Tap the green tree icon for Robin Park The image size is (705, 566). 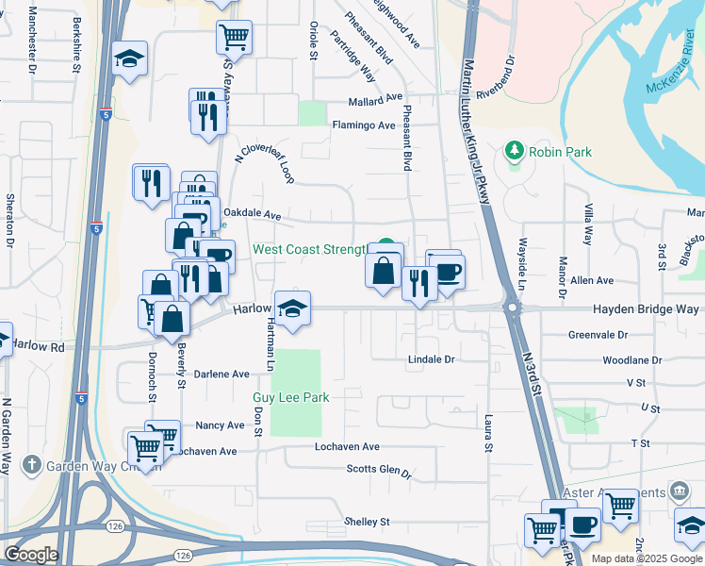click(x=514, y=150)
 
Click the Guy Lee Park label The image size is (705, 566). click(x=291, y=398)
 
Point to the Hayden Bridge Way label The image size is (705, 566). click(x=646, y=309)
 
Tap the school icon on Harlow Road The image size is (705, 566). click(x=292, y=308)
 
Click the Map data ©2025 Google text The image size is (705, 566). click(x=647, y=558)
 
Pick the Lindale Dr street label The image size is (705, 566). click(x=431, y=359)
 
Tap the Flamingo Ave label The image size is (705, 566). click(x=363, y=125)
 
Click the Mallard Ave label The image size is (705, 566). click(x=374, y=97)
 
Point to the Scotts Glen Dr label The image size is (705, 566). click(x=379, y=470)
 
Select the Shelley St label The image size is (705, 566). click(x=367, y=522)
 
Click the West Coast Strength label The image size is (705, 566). click(x=308, y=250)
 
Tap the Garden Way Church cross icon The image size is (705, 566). click(x=31, y=464)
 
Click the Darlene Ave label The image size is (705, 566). click(x=221, y=375)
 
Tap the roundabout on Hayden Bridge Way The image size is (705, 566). click(x=512, y=308)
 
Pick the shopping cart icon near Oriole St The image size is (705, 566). click(x=234, y=37)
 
